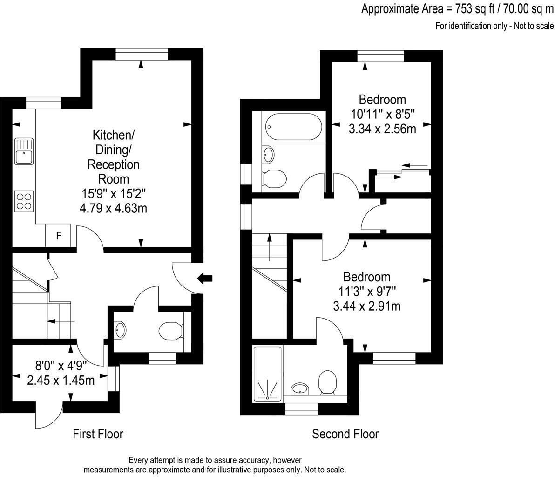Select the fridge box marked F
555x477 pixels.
[x=58, y=236]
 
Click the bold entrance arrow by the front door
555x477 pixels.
[x=205, y=279]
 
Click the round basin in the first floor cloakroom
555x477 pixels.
[x=120, y=330]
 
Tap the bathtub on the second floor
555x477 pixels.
[x=293, y=125]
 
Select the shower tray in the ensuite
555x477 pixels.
[x=268, y=374]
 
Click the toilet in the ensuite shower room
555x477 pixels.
[x=328, y=382]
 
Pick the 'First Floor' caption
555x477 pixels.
[x=98, y=434]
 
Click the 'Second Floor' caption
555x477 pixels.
[x=345, y=434]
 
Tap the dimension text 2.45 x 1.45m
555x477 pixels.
[x=61, y=381]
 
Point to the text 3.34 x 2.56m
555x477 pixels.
[x=382, y=128]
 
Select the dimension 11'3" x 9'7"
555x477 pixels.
[x=367, y=292]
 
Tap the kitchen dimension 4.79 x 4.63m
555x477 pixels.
[x=113, y=208]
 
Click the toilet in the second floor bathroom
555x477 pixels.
[x=274, y=178]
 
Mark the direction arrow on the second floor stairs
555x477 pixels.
[x=270, y=245]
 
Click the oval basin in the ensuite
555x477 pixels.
[x=298, y=388]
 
